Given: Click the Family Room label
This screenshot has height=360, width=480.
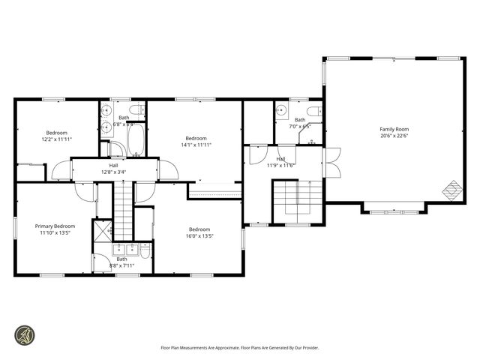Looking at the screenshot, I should tap(394, 129).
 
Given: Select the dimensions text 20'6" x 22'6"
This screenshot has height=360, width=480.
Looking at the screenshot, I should tap(394, 136).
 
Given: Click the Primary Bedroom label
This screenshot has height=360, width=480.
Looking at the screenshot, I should tap(55, 226).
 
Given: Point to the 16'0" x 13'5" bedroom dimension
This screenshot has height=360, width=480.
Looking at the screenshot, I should tap(199, 236).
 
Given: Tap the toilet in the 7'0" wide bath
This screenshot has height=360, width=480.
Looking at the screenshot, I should tap(315, 112).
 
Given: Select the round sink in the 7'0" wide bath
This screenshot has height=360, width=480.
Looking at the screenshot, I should tap(280, 111).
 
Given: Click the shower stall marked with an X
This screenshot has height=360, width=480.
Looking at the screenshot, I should tap(101, 229).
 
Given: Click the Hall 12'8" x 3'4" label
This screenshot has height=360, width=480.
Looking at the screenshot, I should tap(113, 169).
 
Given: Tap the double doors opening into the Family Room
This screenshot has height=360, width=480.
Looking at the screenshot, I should tap(332, 163).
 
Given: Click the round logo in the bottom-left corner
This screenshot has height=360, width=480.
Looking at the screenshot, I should tap(24, 334).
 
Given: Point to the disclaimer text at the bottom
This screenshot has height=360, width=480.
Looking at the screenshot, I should tap(239, 347).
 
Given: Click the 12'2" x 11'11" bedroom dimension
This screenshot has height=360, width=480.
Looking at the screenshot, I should tap(56, 139).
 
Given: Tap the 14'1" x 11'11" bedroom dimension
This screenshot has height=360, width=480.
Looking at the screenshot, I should tap(196, 145).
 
